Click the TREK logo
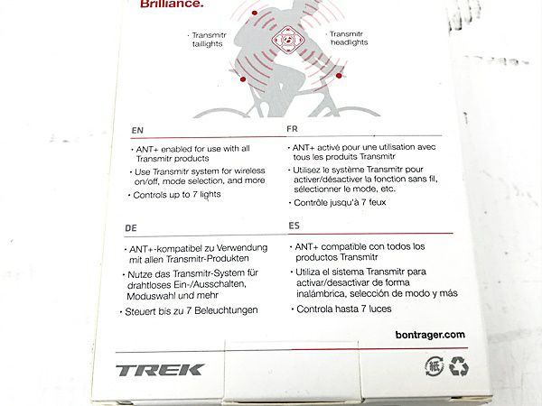[160, 370]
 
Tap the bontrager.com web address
[430, 335]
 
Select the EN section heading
[137, 131]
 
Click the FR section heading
[292, 129]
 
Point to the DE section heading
[131, 228]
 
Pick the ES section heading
[294, 226]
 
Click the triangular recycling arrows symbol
[459, 366]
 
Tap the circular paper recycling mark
[435, 366]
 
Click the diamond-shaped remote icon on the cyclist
[287, 40]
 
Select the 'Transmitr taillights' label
[209, 40]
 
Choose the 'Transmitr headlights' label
[348, 38]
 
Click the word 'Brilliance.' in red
[172, 5]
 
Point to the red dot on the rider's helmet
[255, 13]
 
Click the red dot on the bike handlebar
[339, 76]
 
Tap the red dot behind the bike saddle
[243, 79]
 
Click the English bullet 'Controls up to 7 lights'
[174, 195]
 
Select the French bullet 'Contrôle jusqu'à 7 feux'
[337, 203]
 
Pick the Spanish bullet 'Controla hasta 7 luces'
[341, 309]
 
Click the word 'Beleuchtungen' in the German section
[226, 310]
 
